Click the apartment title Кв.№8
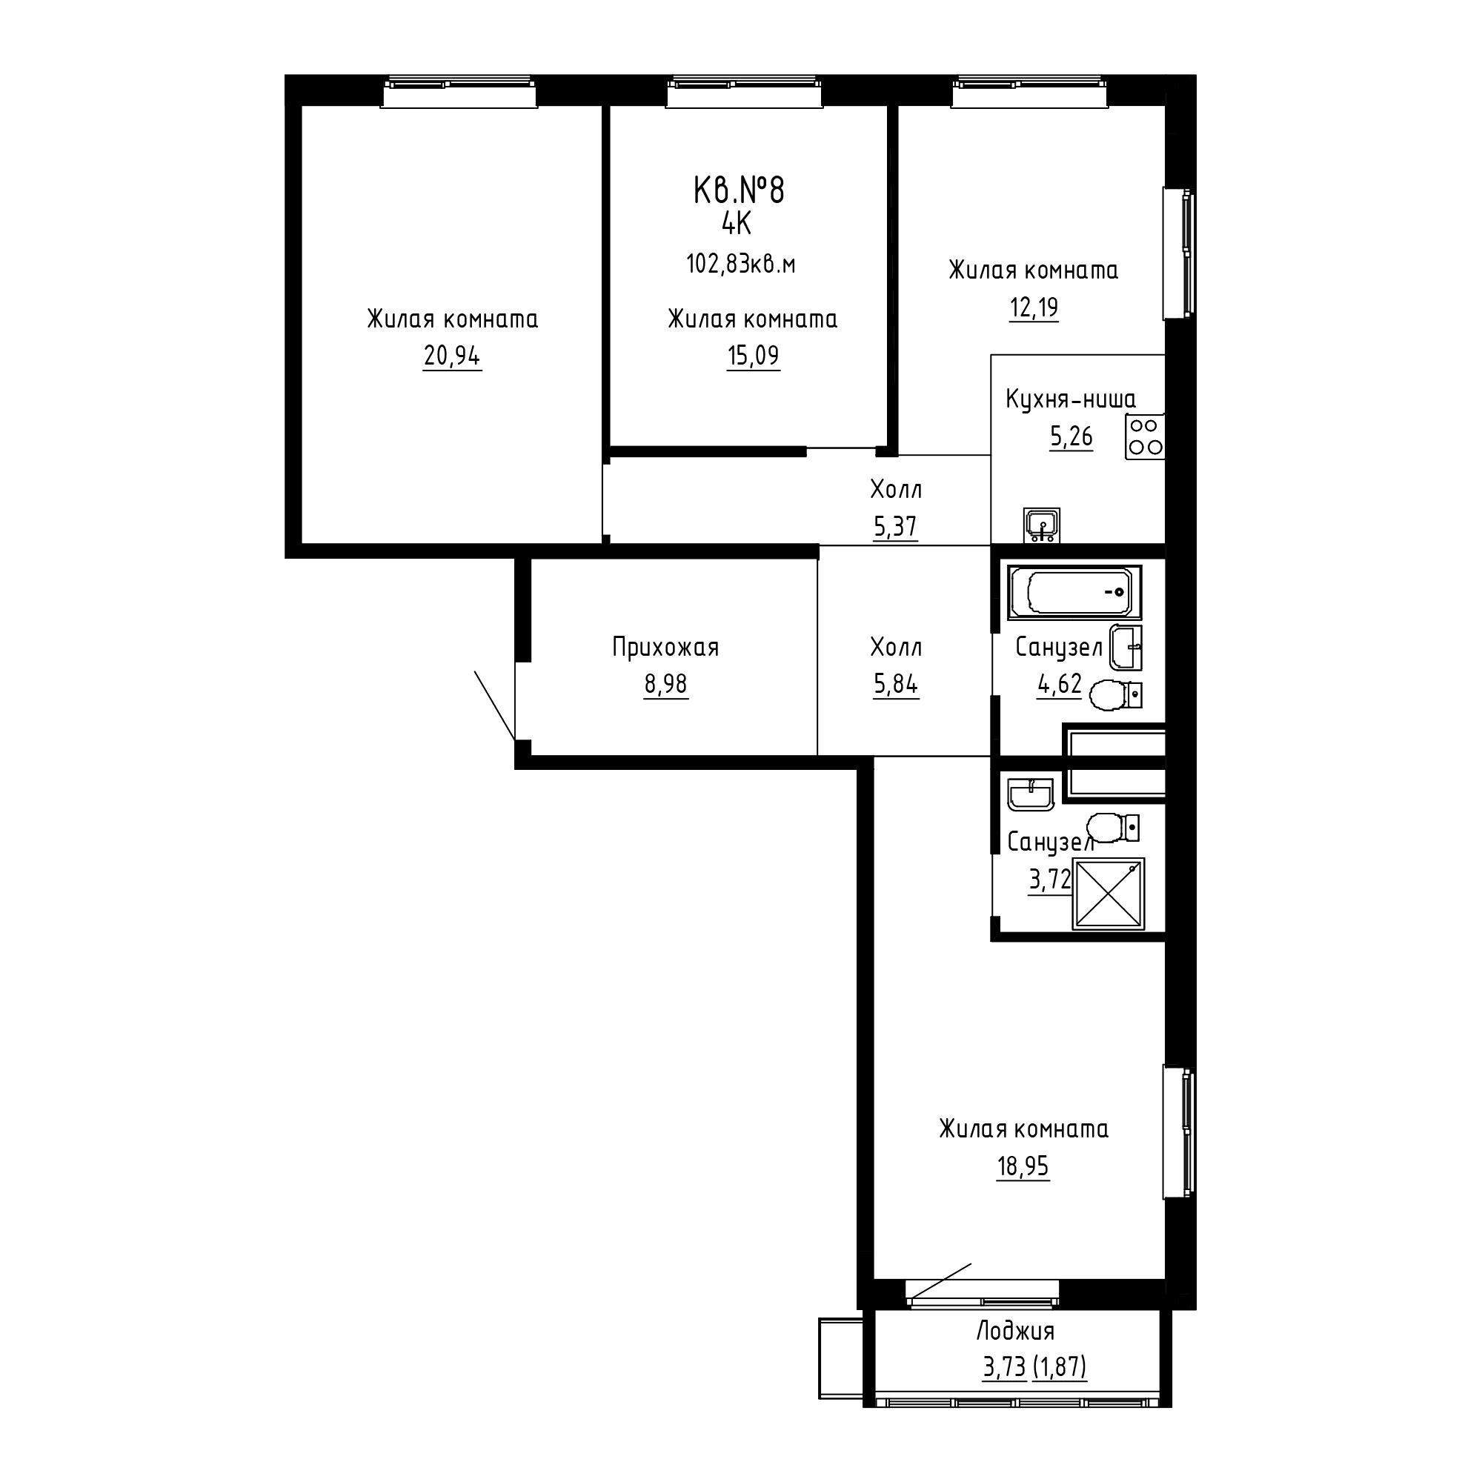739,190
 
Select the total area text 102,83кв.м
740,265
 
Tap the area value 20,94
452,356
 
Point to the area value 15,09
754,356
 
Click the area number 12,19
1033,308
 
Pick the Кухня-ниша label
1071,399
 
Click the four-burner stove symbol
1145,436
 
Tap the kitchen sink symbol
1042,525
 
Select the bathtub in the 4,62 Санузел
1074,592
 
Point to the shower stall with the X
1109,894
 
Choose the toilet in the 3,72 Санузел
1113,828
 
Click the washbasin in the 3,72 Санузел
1031,794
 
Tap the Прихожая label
665,648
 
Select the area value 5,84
895,683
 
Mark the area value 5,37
895,526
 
